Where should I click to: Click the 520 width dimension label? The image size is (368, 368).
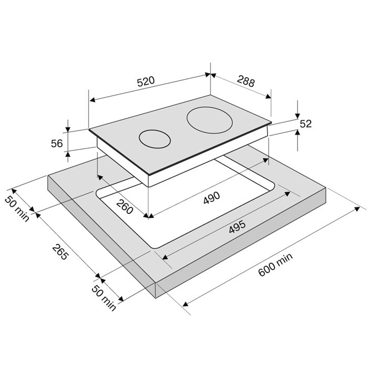[146, 81]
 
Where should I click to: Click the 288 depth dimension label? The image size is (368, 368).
[246, 81]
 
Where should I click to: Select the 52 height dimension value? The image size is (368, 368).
[305, 124]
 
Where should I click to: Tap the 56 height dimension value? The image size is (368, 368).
[57, 144]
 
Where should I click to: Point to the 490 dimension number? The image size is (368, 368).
[212, 197]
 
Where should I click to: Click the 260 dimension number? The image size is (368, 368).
[125, 207]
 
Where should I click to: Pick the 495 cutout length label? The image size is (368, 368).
[237, 227]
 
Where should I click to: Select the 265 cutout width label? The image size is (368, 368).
[60, 252]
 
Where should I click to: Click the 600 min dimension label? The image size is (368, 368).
[275, 264]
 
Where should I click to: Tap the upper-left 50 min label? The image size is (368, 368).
[17, 209]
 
